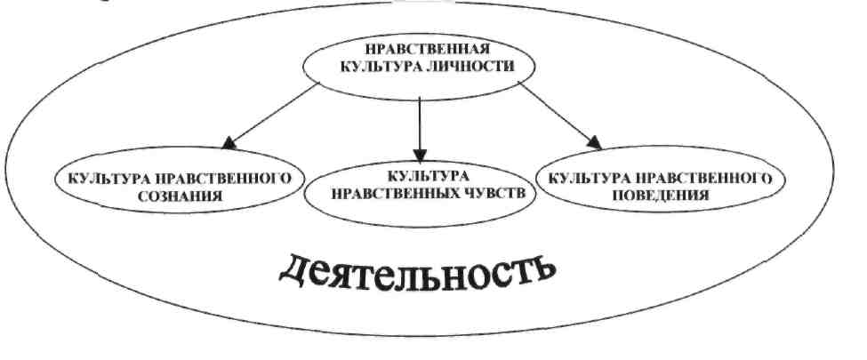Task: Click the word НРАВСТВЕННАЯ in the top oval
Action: click(422, 48)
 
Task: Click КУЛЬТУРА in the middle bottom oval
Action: click(418, 174)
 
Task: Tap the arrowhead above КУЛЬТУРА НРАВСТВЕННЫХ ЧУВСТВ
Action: click(420, 152)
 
